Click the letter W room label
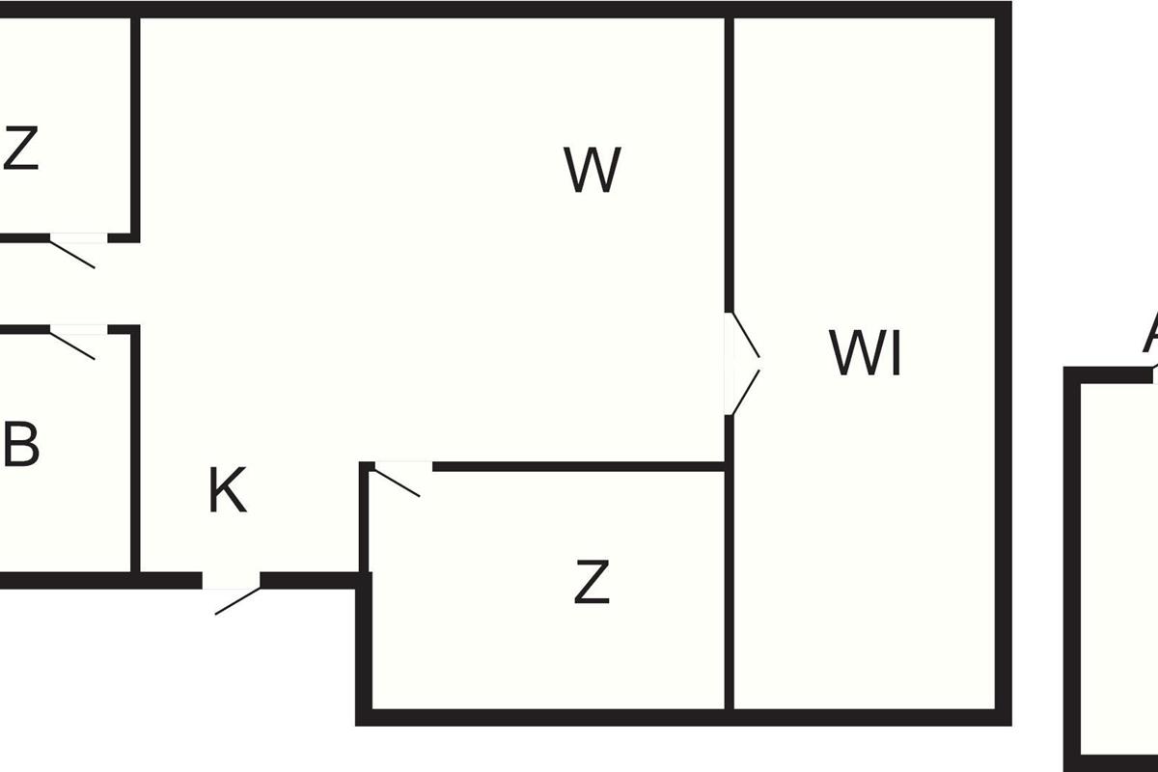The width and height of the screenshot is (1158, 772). click(x=593, y=171)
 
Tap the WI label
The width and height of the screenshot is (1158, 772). click(x=866, y=354)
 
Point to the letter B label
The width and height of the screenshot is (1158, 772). click(x=21, y=446)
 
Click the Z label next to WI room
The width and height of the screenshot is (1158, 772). click(x=592, y=583)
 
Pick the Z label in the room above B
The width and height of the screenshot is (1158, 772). click(x=20, y=150)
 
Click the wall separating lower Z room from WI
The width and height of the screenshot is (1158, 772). click(x=730, y=589)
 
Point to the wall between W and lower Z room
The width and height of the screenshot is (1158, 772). click(x=579, y=467)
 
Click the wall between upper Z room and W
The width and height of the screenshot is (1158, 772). click(x=135, y=125)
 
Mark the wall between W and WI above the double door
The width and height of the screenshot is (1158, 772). click(x=730, y=164)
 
